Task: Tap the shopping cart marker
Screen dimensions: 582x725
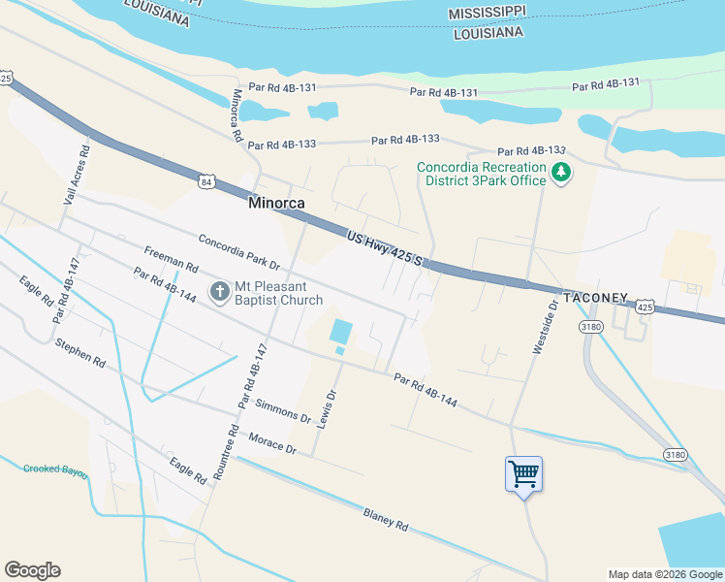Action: click(x=523, y=474)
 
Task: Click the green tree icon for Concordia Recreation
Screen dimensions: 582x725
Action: click(x=559, y=174)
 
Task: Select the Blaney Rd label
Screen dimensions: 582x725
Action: click(x=386, y=519)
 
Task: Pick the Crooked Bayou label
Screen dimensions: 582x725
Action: click(x=55, y=470)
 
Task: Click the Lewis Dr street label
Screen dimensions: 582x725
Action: click(x=329, y=408)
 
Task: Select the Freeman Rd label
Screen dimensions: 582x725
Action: click(x=171, y=259)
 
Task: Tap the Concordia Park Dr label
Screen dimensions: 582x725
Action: click(x=238, y=251)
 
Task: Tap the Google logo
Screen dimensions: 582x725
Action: click(x=32, y=570)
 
